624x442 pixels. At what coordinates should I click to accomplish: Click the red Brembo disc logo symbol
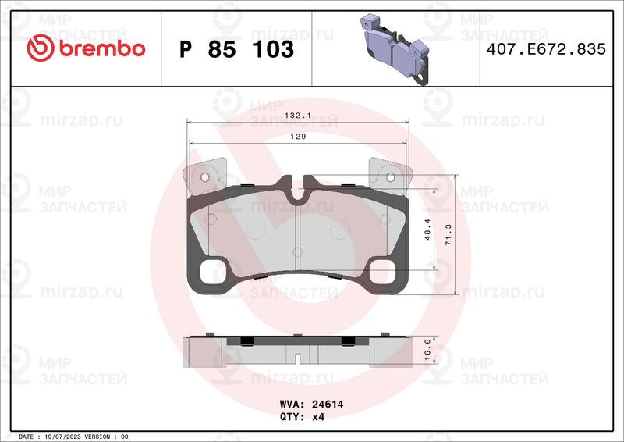(x=41, y=48)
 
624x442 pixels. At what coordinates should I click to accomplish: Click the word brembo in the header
(x=102, y=48)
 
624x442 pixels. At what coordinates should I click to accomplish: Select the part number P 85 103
(x=236, y=49)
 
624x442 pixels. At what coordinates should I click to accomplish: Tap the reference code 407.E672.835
(x=546, y=49)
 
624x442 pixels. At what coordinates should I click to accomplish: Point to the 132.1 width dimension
(x=298, y=116)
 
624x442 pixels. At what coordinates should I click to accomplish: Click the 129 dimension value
(x=298, y=137)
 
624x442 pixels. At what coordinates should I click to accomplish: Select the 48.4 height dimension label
(x=427, y=229)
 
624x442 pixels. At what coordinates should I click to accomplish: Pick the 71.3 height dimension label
(x=448, y=234)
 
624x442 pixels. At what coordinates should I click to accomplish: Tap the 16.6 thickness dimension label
(x=427, y=350)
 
